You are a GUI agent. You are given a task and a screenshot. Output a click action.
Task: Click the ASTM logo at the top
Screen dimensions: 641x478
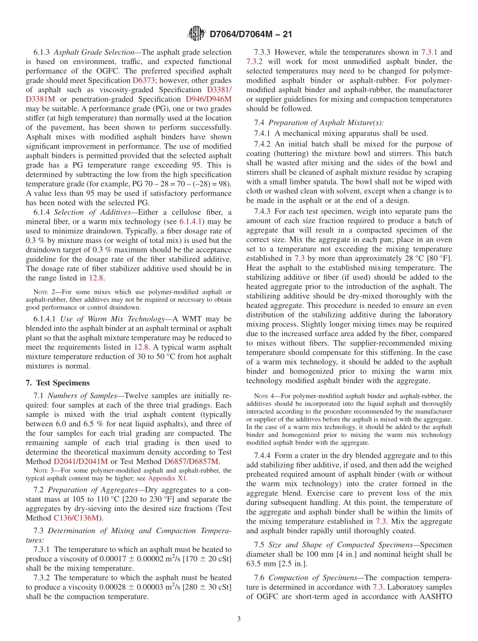[x=196, y=34]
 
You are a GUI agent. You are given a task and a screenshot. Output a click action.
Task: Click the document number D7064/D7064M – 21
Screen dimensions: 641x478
[x=251, y=34]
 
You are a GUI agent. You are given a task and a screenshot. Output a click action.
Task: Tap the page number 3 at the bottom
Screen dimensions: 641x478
[x=238, y=619]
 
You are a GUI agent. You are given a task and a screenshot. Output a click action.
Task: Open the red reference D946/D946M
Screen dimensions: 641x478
[x=209, y=99]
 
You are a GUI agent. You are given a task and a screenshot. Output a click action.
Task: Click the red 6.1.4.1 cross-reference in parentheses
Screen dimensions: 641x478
[x=192, y=222]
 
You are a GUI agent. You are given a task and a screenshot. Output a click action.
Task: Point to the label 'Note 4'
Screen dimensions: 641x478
[x=265, y=396]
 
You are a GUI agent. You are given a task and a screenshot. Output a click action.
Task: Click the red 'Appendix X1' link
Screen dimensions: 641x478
[x=167, y=478]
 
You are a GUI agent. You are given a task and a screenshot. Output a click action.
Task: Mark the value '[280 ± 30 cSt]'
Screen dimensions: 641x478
[x=205, y=587]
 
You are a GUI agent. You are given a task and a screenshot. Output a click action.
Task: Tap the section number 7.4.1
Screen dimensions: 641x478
[x=263, y=133]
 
